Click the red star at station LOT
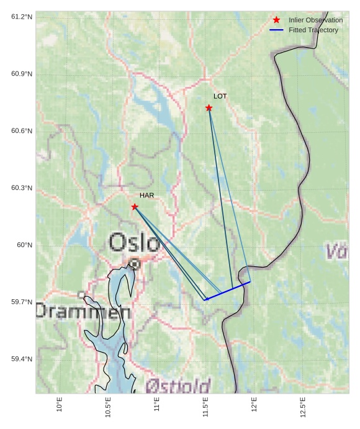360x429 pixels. [x=209, y=108]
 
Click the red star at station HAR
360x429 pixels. [x=135, y=207]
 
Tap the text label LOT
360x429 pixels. [x=220, y=96]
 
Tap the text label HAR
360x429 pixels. [x=146, y=196]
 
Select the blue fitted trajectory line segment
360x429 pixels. [x=228, y=291]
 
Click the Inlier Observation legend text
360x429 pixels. [x=315, y=20]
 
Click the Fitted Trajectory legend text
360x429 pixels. [x=313, y=30]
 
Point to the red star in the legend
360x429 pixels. [x=276, y=20]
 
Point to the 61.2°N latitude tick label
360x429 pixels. [x=22, y=16]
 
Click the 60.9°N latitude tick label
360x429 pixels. [x=22, y=74]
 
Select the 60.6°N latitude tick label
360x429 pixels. [x=22, y=131]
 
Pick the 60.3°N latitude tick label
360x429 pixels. [x=22, y=188]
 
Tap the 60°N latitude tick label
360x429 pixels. [x=24, y=245]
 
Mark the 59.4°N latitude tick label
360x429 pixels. [x=22, y=359]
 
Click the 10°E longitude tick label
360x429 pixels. [x=60, y=404]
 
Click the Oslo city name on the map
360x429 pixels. [x=134, y=243]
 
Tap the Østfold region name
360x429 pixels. [x=178, y=386]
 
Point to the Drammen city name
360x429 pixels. [x=83, y=311]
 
